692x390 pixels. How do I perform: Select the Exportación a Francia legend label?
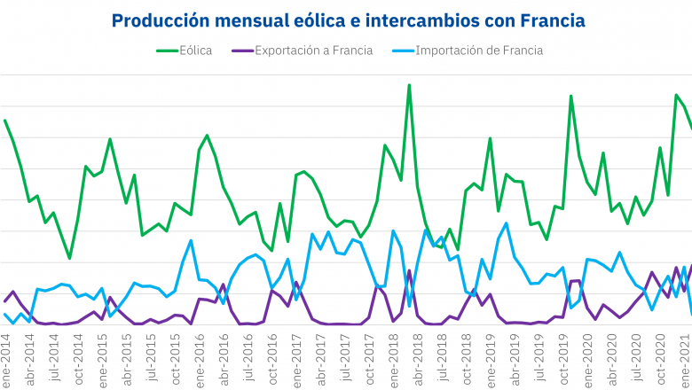[x=312, y=51]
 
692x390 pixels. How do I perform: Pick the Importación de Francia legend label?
[x=479, y=51]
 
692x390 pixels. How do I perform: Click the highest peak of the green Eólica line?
[x=409, y=85]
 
